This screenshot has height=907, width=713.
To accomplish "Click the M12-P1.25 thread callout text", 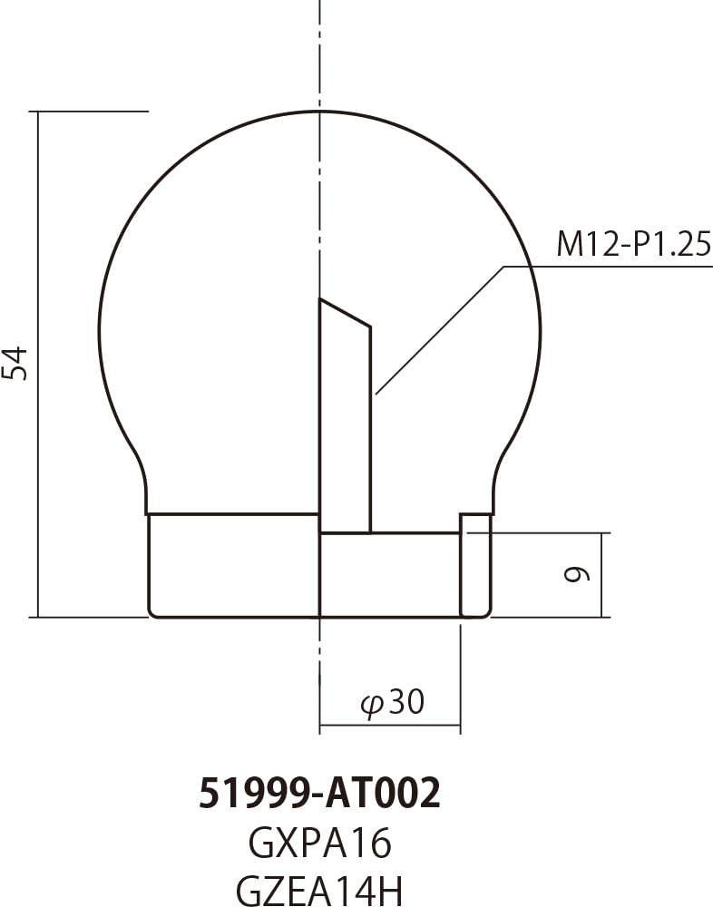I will pos(632,245).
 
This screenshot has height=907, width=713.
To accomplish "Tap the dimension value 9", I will pos(581,574).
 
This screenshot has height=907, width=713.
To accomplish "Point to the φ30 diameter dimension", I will pos(393,702).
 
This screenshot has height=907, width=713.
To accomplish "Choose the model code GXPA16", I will pos(319,844).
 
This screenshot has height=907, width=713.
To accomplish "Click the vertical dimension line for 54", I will pos(39,363).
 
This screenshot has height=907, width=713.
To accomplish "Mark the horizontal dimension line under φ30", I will pos(390,726).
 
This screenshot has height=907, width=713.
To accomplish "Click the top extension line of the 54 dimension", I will pos(91,112).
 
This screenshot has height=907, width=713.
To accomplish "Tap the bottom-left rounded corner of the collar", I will pos(152,613).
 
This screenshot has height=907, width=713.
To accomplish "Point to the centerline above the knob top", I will pos(320,54).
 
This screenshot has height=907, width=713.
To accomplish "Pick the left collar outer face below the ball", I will pos(149,562).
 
